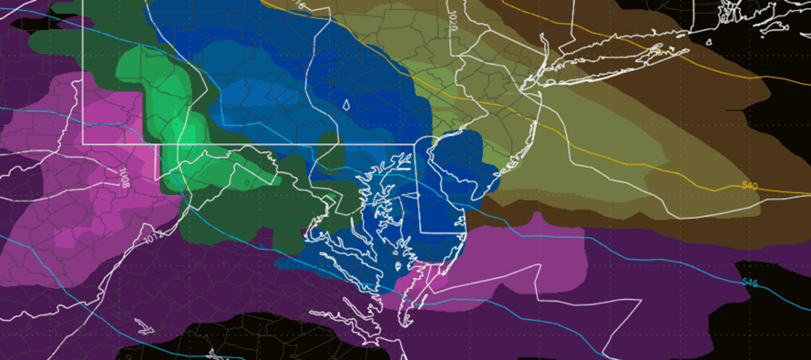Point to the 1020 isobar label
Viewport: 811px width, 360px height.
pyautogui.click(x=454, y=18)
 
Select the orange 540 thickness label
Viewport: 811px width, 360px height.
pyautogui.click(x=749, y=186)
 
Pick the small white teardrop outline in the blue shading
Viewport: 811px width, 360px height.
pyautogui.click(x=345, y=105)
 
